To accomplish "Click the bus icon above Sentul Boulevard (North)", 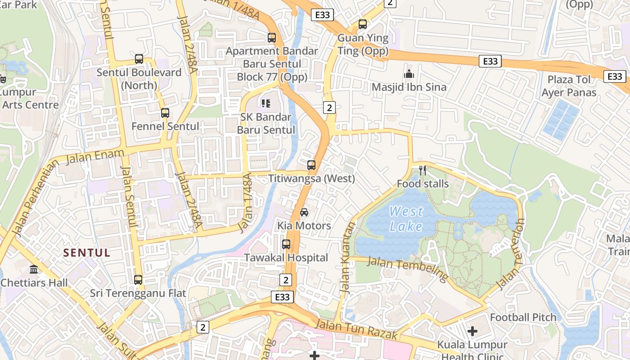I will [139, 59].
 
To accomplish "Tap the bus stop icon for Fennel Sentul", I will [165, 113].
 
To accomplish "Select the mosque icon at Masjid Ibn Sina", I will [409, 74].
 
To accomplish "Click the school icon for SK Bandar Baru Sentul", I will [266, 103].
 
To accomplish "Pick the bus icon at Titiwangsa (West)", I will [311, 165].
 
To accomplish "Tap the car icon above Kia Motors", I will [304, 212].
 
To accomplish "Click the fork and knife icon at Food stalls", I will [423, 170].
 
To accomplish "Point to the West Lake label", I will [406, 218].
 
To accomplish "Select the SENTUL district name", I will [87, 253].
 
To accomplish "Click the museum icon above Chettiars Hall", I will [34, 269].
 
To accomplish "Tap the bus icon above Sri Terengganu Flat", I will [138, 279].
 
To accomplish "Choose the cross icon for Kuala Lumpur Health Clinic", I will [472, 332].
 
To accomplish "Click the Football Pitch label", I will [523, 317].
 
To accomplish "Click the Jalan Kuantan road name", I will [348, 259].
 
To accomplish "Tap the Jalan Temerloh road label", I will [511, 254].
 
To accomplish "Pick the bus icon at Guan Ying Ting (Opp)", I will [363, 24].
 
